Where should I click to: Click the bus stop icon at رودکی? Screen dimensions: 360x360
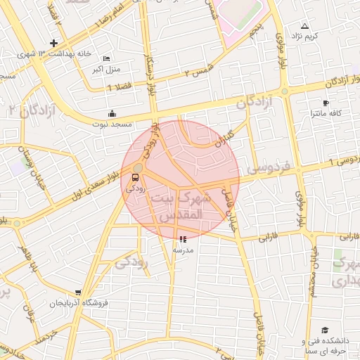pyautogui.click(x=135, y=178)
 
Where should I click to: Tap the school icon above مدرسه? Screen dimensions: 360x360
pyautogui.click(x=184, y=239)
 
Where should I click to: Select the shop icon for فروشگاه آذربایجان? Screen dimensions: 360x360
pyautogui.click(x=77, y=292)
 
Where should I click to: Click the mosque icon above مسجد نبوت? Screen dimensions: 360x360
pyautogui.click(x=112, y=114)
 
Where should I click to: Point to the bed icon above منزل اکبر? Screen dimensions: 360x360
pyautogui.click(x=106, y=58)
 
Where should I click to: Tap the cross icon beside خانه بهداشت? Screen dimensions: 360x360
pyautogui.click(x=53, y=44)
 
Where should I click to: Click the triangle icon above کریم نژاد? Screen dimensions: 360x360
pyautogui.click(x=304, y=26)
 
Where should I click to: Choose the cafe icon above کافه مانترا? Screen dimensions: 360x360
pyautogui.click(x=326, y=103)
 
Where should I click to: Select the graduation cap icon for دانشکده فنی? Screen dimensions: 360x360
pyautogui.click(x=325, y=330)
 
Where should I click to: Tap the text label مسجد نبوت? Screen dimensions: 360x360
pyautogui.click(x=112, y=124)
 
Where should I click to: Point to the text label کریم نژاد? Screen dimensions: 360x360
pyautogui.click(x=305, y=36)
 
